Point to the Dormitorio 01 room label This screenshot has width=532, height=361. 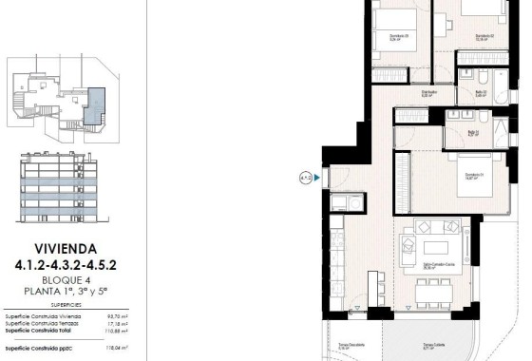(x=477, y=176)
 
